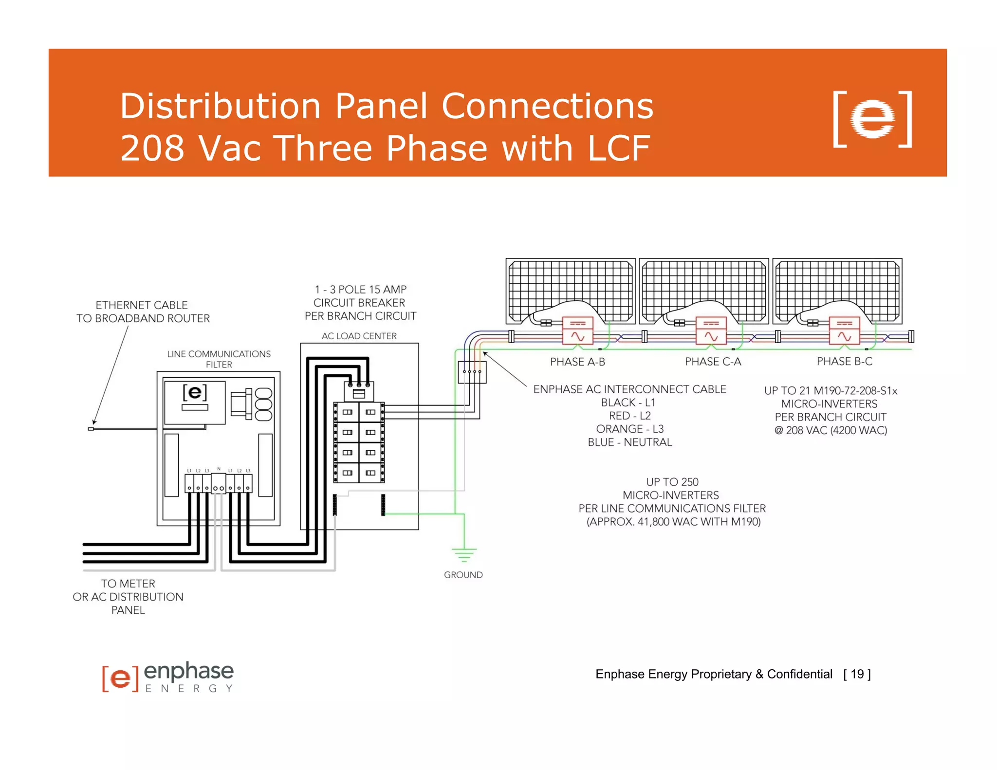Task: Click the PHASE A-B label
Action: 577,362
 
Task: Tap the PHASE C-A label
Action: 713,362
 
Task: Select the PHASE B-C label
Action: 844,361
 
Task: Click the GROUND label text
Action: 463,575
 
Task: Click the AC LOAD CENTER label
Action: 359,336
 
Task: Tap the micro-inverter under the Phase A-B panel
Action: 577,330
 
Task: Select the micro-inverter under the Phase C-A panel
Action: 711,330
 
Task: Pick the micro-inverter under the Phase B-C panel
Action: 844,330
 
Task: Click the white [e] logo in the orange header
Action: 872,119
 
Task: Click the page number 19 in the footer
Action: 857,674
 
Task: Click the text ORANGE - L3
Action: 629,429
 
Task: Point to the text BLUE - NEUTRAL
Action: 629,442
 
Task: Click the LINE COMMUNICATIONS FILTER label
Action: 219,359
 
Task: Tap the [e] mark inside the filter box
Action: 195,392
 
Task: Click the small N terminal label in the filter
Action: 219,469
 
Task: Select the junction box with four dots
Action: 472,372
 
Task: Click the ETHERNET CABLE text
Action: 142,305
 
